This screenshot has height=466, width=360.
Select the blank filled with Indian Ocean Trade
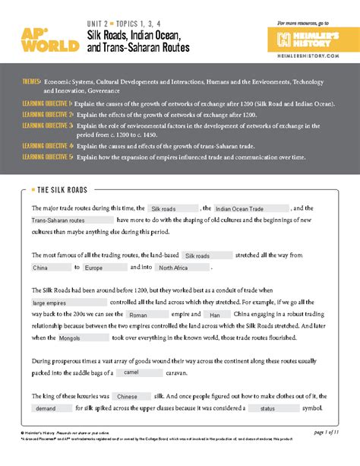pos(251,208)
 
